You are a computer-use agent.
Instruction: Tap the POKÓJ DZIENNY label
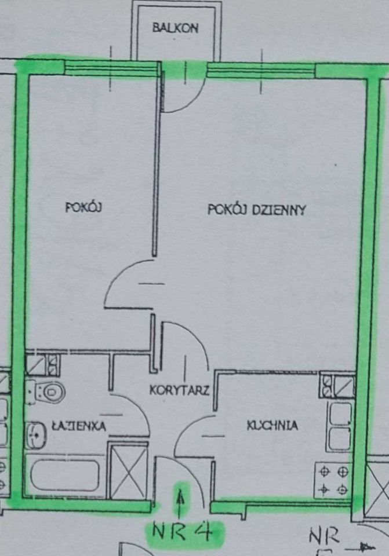pos(256,210)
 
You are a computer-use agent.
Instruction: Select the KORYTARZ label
pos(179,390)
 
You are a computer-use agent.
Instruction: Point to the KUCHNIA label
pos(272,426)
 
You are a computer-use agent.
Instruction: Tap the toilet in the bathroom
pos(47,392)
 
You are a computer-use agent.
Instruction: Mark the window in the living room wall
pos(261,71)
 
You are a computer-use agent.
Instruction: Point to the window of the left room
pos(110,68)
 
